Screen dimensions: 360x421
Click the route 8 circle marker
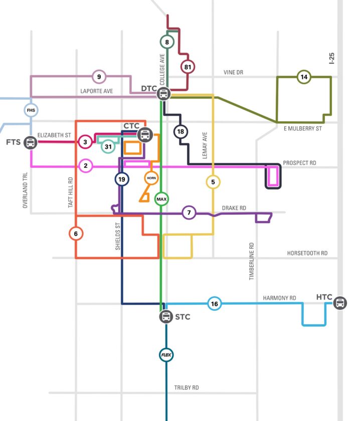pos(167,42)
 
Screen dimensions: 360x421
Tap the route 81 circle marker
pos(188,67)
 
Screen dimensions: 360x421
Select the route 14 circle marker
pos(304,77)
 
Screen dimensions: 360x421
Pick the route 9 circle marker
pos(99,77)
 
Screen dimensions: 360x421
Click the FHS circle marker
pos(31,110)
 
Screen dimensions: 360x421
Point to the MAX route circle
pos(161,199)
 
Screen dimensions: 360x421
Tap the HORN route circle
pos(151,178)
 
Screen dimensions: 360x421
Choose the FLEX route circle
pos(166,355)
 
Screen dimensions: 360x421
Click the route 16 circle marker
pos(215,304)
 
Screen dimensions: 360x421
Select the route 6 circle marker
pos(76,234)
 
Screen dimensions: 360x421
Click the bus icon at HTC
pos(340,303)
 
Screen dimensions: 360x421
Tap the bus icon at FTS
pos(30,142)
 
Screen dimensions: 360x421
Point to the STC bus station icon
pos(166,317)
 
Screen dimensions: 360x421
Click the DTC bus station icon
pos(163,94)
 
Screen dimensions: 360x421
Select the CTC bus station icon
pos(145,134)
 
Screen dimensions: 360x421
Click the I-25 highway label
pos(331,58)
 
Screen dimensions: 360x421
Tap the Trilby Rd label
pos(187,387)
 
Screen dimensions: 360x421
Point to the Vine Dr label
pos(233,72)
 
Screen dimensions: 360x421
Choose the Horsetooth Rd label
pos(307,253)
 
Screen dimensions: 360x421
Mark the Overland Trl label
pos(25,190)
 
